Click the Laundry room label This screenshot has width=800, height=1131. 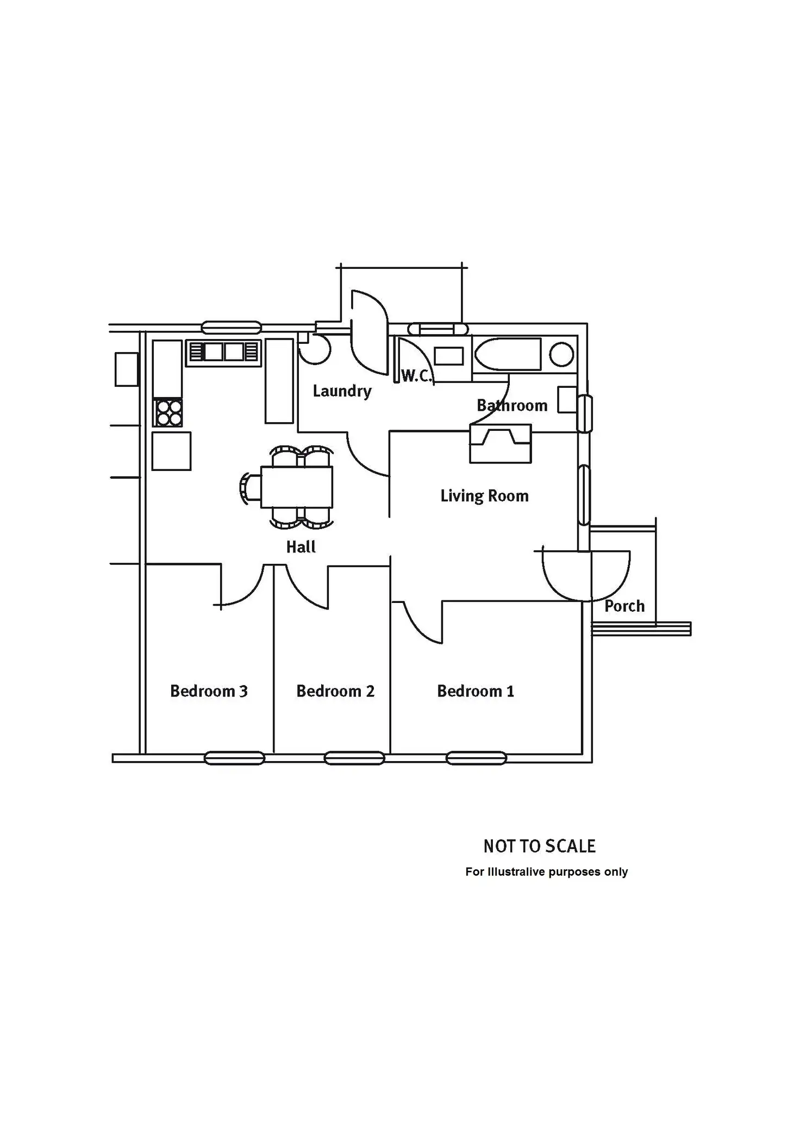[342, 391]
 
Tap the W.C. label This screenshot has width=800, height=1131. [416, 375]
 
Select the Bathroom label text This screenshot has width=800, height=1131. [512, 405]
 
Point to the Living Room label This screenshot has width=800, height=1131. [484, 496]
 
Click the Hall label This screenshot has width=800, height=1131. [301, 546]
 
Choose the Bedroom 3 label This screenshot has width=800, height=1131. [209, 691]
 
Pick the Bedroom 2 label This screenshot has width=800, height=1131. [335, 691]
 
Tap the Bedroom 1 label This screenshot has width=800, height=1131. [476, 691]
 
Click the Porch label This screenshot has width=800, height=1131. [624, 606]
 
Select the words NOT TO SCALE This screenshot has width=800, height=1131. [540, 846]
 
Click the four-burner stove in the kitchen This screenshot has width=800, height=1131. [168, 413]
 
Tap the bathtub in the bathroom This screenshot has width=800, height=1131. [508, 354]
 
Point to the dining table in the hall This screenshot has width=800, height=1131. [297, 487]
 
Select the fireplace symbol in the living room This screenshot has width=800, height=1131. [500, 444]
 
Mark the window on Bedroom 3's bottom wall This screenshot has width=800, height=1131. [234, 757]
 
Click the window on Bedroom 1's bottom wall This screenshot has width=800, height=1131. [476, 757]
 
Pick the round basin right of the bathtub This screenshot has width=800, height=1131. [561, 355]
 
